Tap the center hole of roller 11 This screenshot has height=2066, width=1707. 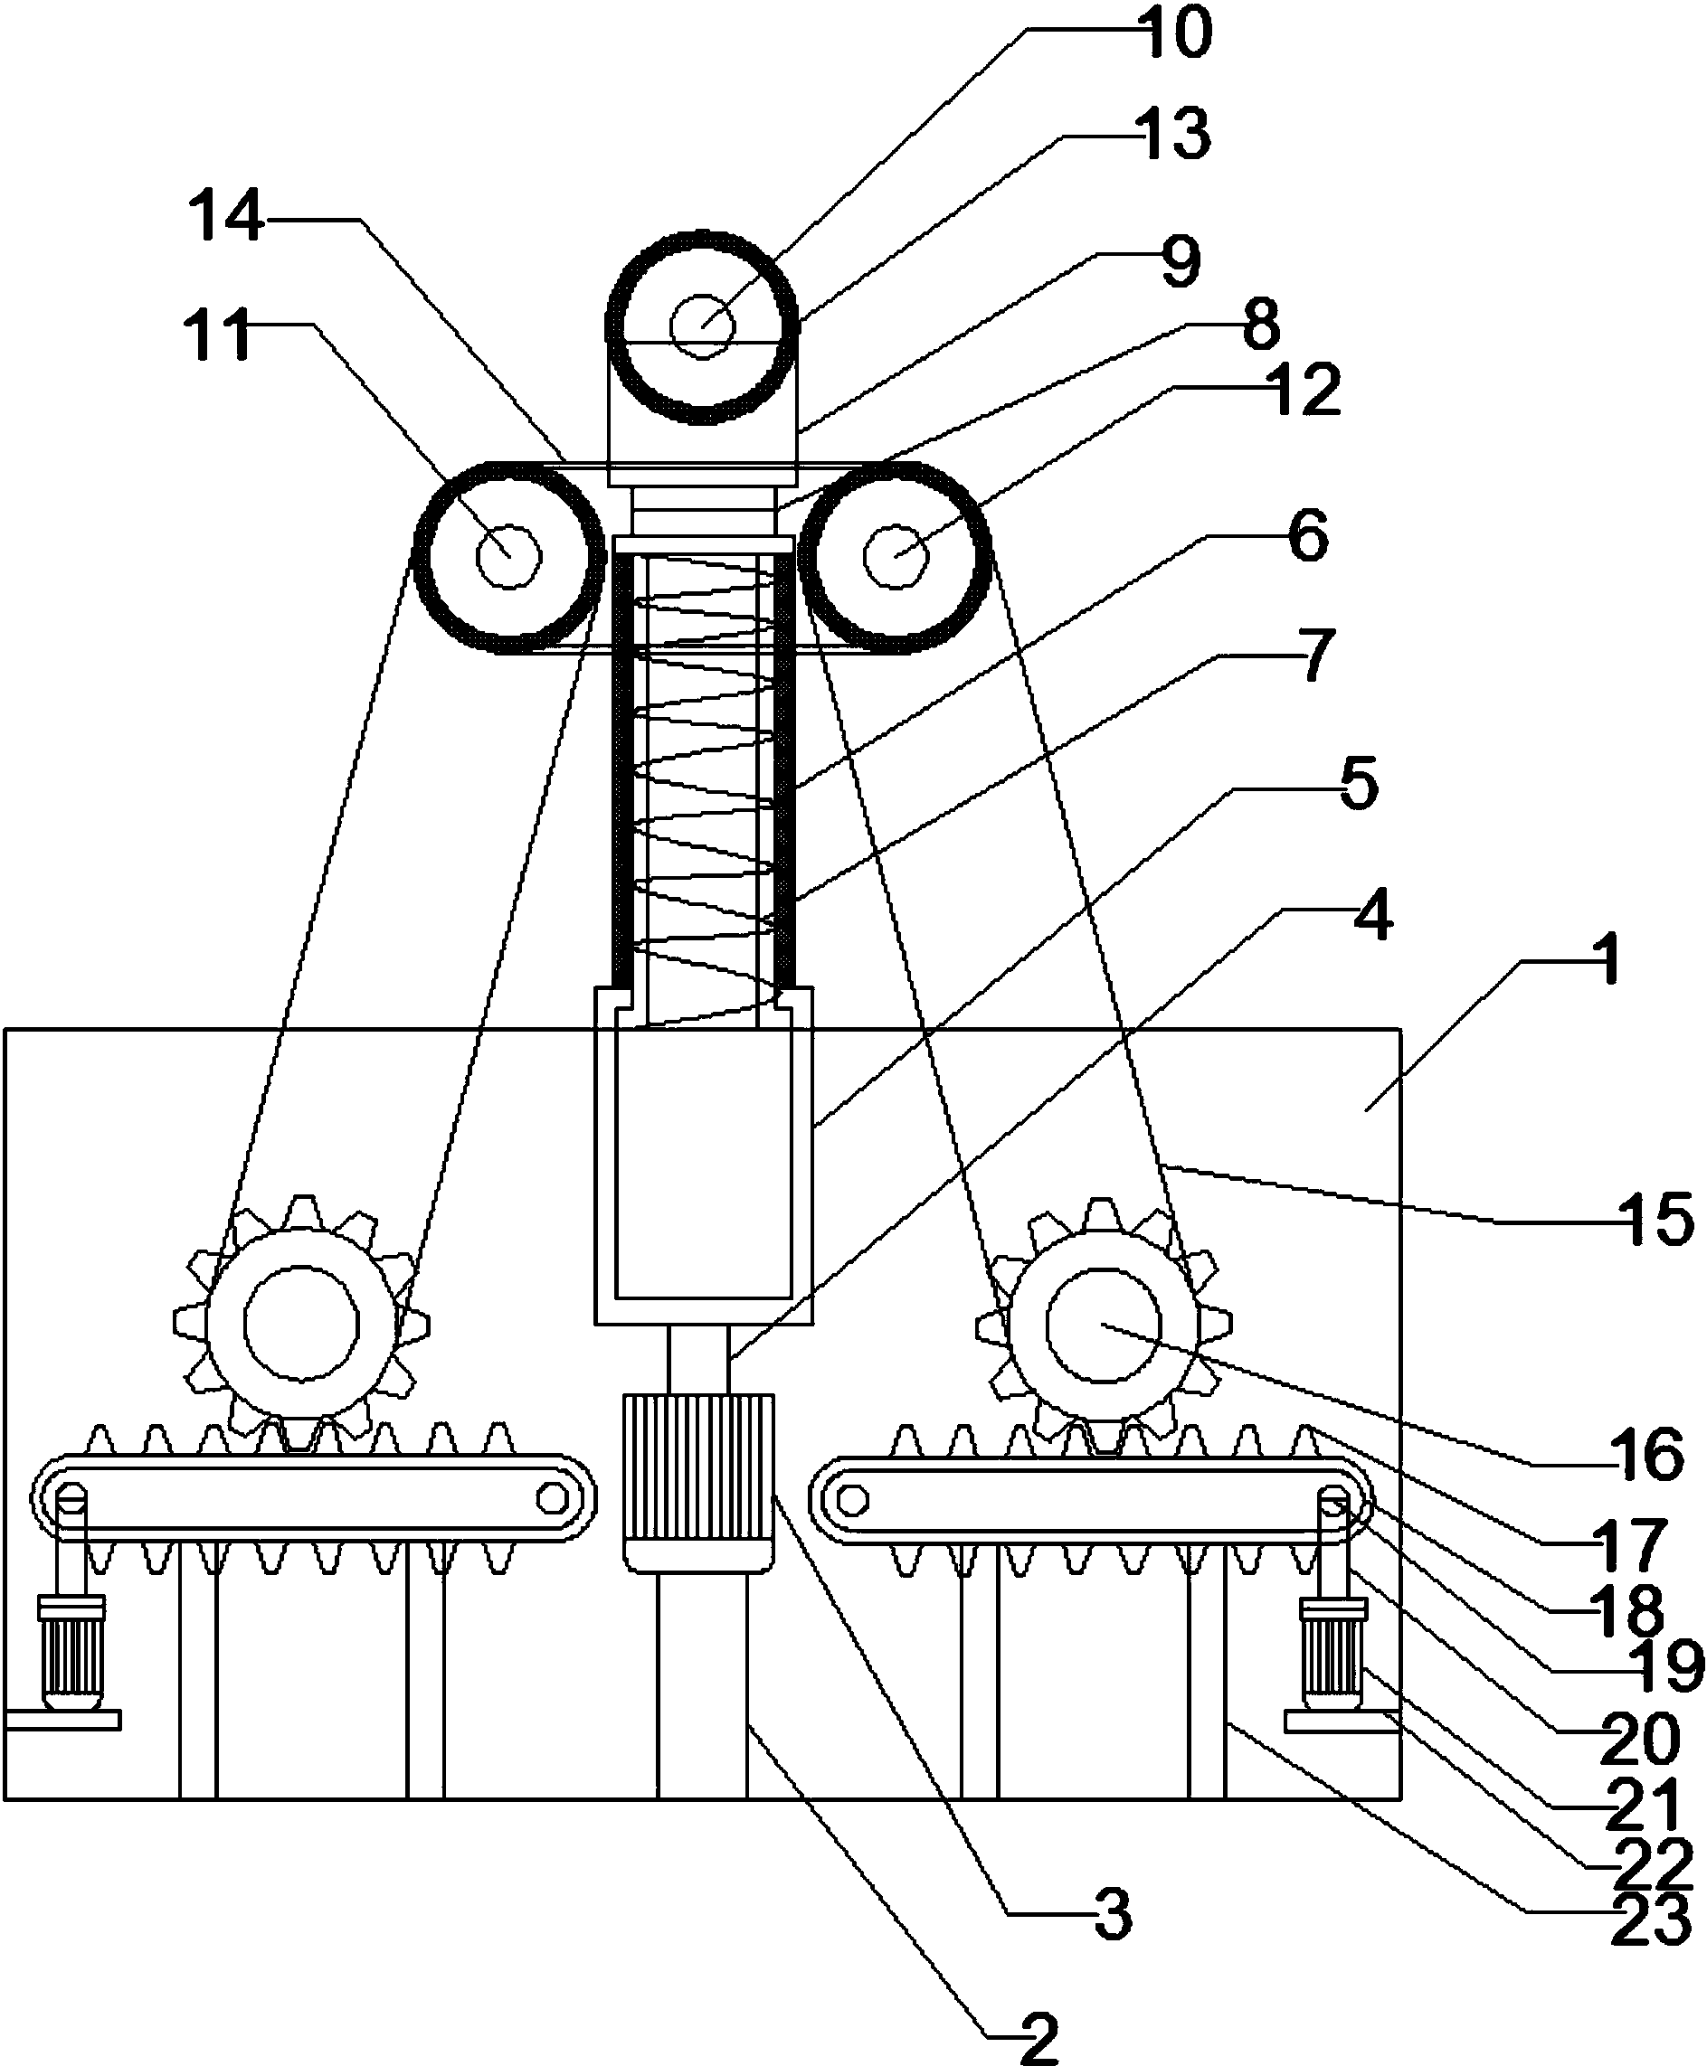(508, 556)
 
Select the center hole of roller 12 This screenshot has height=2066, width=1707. (896, 556)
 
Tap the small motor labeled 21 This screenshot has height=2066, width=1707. (1333, 1656)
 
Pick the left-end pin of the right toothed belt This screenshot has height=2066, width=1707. (852, 1501)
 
